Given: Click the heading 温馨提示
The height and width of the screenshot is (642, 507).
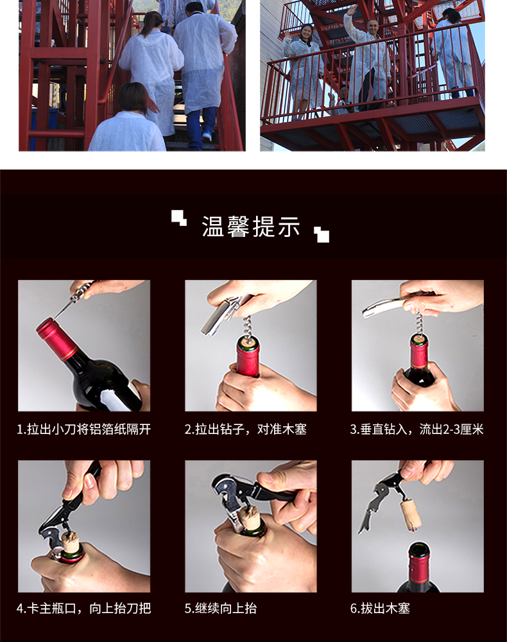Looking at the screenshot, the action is point(251,227).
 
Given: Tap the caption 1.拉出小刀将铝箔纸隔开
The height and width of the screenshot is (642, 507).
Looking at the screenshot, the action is point(84,429).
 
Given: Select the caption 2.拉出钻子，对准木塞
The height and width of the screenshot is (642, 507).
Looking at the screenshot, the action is point(246,429).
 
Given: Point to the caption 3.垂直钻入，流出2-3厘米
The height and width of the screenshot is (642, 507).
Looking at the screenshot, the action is point(417,429).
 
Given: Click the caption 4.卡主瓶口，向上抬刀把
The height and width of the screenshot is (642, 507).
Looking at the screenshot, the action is point(84,608).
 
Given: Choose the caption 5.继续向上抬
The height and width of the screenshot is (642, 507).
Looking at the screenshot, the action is point(221,608).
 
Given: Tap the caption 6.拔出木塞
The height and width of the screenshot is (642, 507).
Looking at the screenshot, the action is point(380,608).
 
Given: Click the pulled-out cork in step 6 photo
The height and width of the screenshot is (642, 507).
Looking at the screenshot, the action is point(411,515).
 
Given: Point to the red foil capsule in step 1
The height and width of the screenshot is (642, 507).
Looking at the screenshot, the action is point(56,338).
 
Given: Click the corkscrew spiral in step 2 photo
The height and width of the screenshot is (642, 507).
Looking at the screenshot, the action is point(248,327).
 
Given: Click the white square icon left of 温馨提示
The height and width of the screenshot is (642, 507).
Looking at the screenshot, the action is point(179,218).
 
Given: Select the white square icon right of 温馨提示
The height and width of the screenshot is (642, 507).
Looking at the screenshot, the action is point(322,234).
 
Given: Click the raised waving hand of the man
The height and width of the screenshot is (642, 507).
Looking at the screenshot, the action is point(350,10).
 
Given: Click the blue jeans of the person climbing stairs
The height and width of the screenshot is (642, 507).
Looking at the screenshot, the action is point(202,123).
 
